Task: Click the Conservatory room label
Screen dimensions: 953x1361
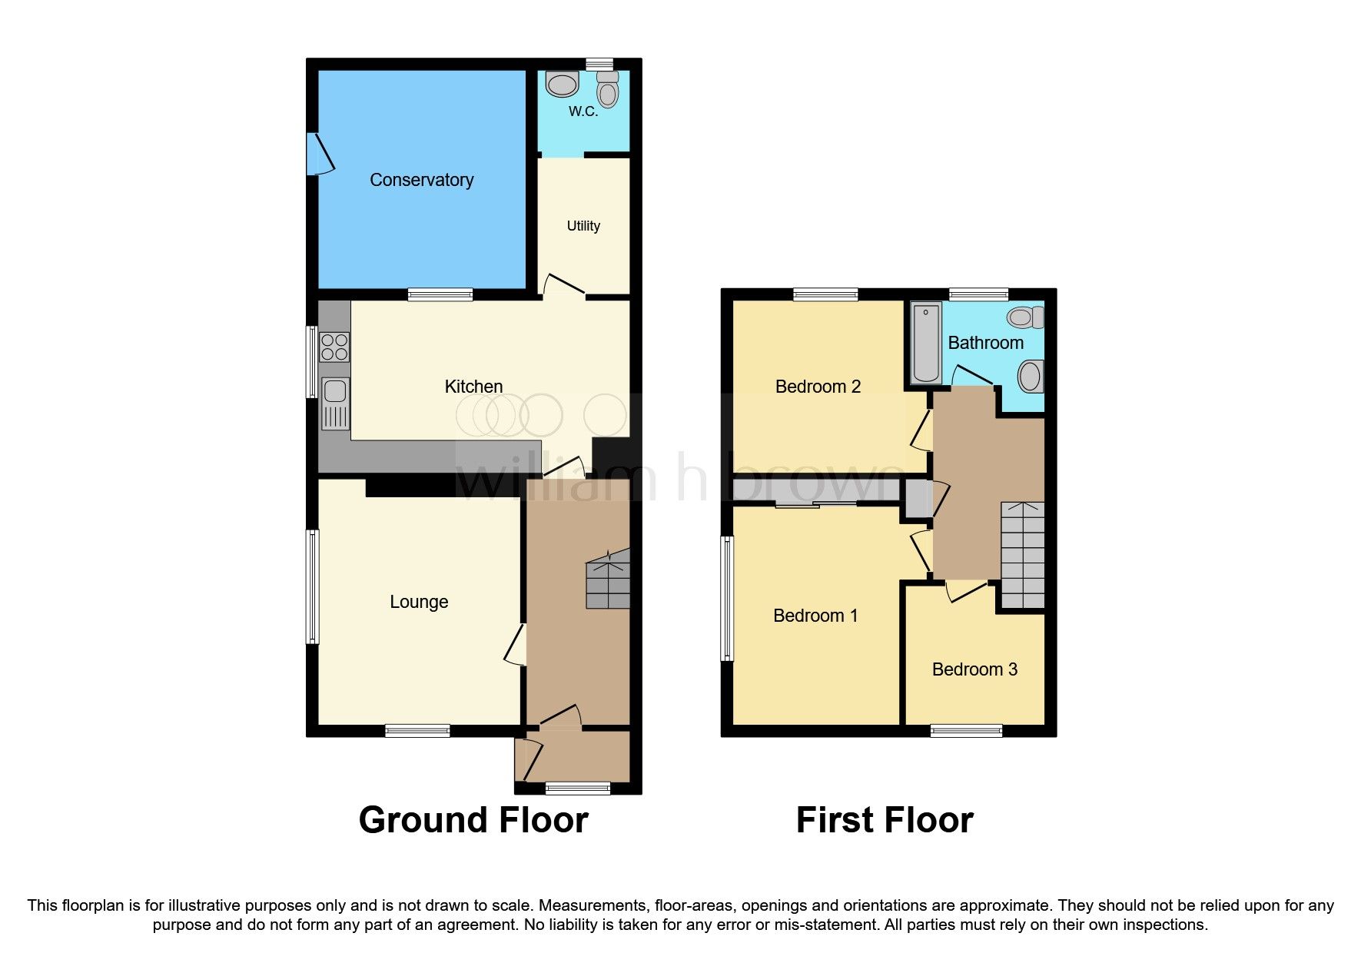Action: (x=421, y=180)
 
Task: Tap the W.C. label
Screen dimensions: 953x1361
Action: (x=583, y=111)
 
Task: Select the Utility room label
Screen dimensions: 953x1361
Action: (x=583, y=226)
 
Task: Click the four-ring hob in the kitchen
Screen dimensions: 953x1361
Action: (x=334, y=347)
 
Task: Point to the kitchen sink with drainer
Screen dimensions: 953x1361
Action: (x=335, y=403)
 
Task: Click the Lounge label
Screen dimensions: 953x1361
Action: (x=419, y=602)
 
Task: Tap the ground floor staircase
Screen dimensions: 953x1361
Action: (x=608, y=580)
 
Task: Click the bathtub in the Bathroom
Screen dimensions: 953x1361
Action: (x=926, y=343)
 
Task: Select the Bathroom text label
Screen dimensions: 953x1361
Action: (x=985, y=343)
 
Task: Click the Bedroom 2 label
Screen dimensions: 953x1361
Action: (x=817, y=387)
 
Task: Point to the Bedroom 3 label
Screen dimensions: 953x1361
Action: (x=974, y=669)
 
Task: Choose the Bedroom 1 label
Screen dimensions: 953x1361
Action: (x=815, y=616)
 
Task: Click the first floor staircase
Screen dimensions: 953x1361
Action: (x=1022, y=555)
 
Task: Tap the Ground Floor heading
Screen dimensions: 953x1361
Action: (x=473, y=820)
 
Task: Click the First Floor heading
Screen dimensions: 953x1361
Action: (x=885, y=820)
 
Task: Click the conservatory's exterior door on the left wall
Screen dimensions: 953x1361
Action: (x=320, y=154)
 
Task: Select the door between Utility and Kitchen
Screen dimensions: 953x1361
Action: (x=565, y=286)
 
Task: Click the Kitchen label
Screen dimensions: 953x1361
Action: (x=473, y=387)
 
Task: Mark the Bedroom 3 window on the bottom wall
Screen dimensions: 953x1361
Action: (x=966, y=730)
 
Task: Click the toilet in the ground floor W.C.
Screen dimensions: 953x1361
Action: (x=608, y=90)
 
